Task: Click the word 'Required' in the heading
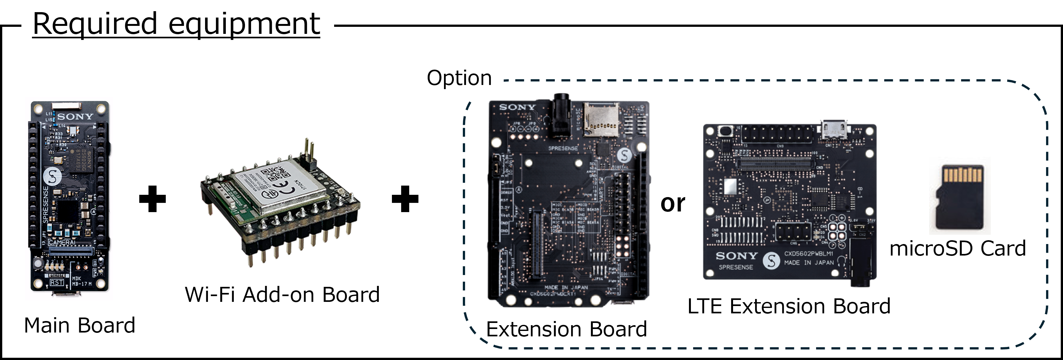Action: pyautogui.click(x=95, y=24)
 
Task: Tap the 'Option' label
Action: pyautogui.click(x=459, y=78)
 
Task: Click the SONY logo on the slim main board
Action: pyautogui.click(x=75, y=117)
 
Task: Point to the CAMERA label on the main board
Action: pyautogui.click(x=62, y=242)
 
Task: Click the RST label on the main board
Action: pyautogui.click(x=57, y=282)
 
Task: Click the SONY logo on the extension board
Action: pyautogui.click(x=517, y=107)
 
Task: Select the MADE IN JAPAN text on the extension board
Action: pyautogui.click(x=566, y=287)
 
